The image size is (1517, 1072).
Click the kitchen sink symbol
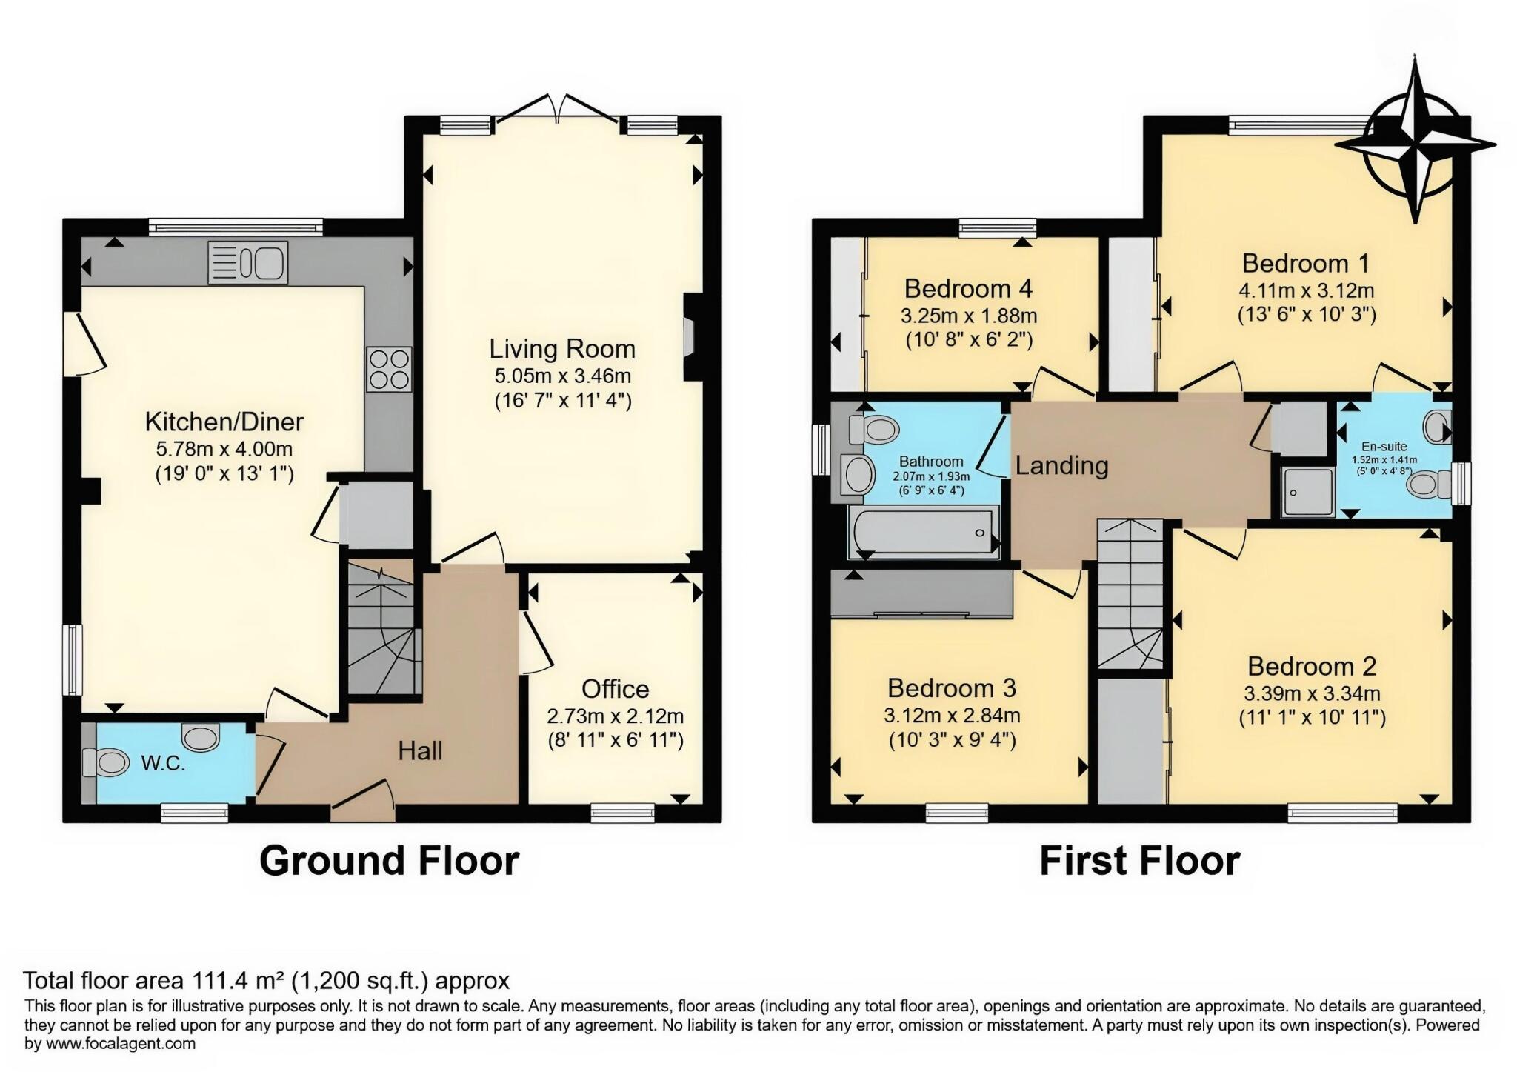tap(248, 263)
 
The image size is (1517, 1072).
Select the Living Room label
tap(561, 349)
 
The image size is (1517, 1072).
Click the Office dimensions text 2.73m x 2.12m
tap(615, 716)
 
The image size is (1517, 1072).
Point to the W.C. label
tap(163, 764)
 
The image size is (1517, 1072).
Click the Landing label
tap(1061, 466)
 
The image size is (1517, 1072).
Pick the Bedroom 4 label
tap(968, 287)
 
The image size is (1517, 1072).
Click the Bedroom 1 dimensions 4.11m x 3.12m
tap(1306, 290)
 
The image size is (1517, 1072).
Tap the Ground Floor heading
tap(389, 861)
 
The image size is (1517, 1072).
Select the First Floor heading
tap(1139, 861)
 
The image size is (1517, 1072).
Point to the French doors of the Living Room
tap(557, 111)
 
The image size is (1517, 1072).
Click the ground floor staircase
tap(381, 630)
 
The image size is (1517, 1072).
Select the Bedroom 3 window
tap(956, 813)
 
